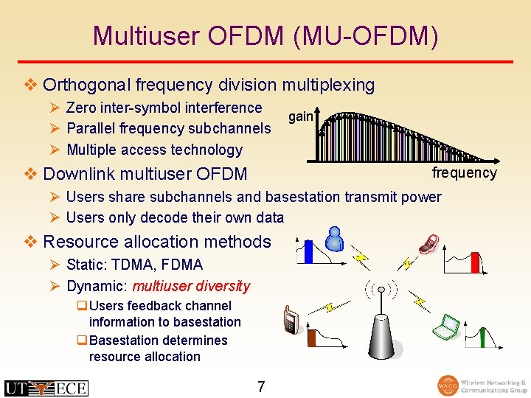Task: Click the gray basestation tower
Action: click(381, 339)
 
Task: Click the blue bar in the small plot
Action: click(309, 253)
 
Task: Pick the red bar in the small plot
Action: click(475, 262)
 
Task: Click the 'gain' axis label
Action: click(300, 116)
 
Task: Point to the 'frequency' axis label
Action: click(464, 172)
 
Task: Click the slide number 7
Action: click(261, 386)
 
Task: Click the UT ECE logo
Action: click(46, 388)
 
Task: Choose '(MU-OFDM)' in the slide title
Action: click(365, 35)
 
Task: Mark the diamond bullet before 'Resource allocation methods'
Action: click(30, 242)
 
